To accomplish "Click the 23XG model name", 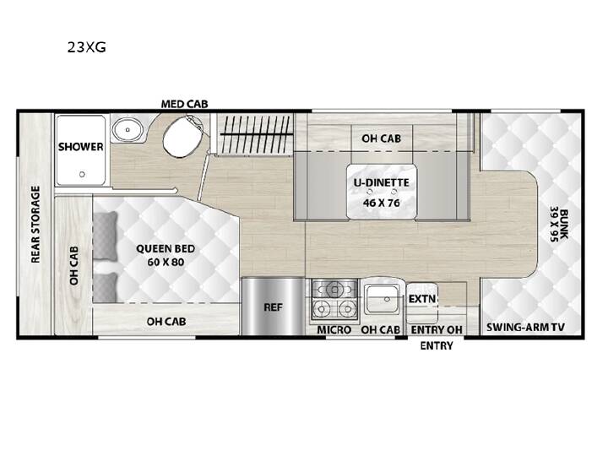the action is pos(86,47).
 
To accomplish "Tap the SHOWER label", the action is pos(81,147).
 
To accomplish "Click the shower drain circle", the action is pos(82,175).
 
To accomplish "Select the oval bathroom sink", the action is pos(128,130).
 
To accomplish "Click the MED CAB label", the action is pos(185,104).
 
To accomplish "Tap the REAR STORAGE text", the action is pos(35,224).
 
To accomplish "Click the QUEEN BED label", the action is pos(166,248).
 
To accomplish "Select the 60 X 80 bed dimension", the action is pos(166,262).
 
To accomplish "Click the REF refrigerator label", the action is pos(273,307).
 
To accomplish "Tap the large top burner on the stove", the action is pos(334,290).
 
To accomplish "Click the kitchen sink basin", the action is pos(382,299).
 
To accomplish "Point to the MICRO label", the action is pos(334,330).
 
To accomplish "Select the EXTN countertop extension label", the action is pos(422,299).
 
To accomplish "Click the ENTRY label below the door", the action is pos(437,345).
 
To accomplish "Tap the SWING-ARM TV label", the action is pos(525,328).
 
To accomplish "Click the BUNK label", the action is pos(564,225).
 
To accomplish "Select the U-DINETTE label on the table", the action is pos(381,182).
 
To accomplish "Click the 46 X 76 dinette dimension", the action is pos(381,203).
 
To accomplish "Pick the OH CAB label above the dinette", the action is pos(381,138).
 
